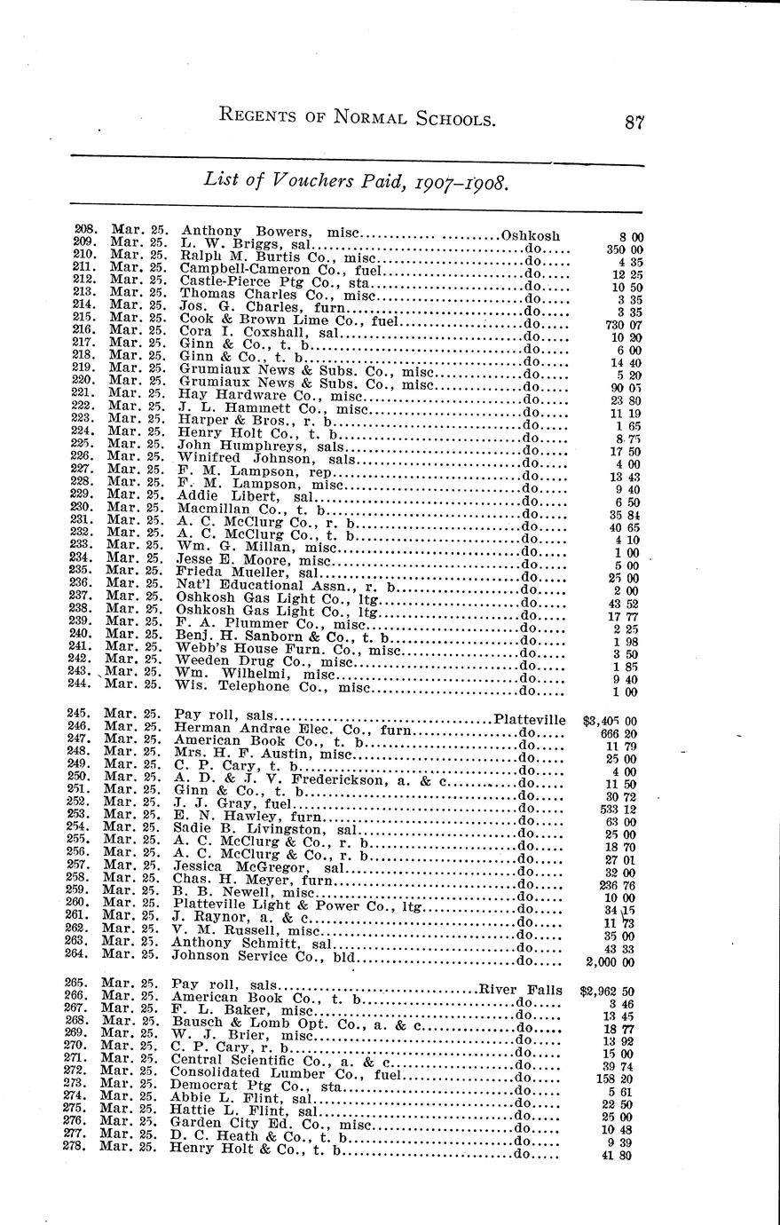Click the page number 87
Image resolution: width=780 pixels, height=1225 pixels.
pyautogui.click(x=633, y=122)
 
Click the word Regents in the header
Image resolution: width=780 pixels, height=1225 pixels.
pyautogui.click(x=264, y=119)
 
